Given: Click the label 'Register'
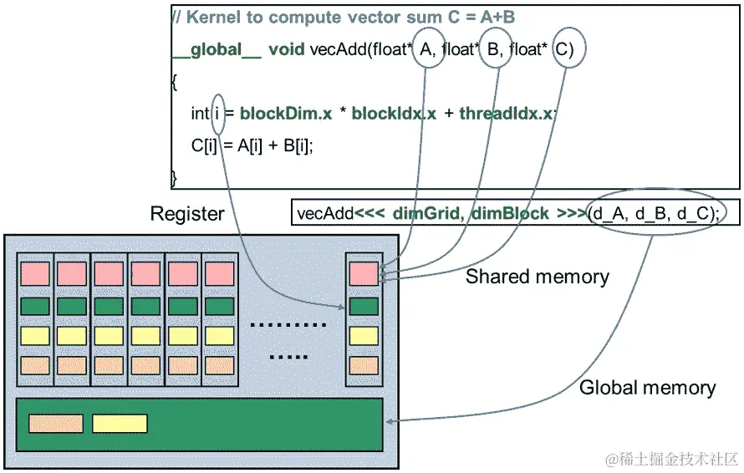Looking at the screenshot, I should point(187,214).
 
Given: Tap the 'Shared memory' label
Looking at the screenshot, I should point(538,277).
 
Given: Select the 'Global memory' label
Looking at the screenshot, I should point(648,388).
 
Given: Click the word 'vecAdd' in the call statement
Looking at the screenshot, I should point(325,214).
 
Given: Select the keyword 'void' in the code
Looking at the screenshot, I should point(287,50).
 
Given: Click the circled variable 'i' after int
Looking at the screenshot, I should point(218,114).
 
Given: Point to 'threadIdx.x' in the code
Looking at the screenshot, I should point(506,114).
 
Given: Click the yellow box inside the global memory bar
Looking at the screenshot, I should point(120,424).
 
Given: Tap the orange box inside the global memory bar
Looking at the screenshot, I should point(56,424).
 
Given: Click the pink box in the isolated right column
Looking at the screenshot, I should point(364,273).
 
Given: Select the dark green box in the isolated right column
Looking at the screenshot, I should point(364,306).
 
